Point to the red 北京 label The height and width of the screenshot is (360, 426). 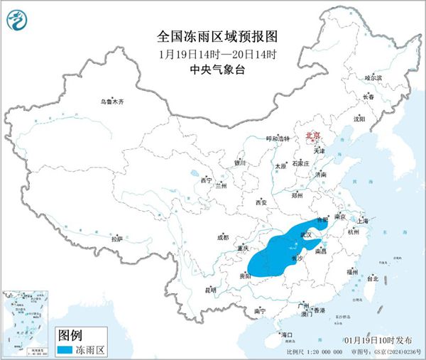pos(313,135)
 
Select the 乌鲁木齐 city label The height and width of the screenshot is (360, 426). pos(111,102)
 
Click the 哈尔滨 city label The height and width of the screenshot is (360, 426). pos(373,77)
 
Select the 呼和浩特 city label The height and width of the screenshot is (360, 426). pos(278,138)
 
